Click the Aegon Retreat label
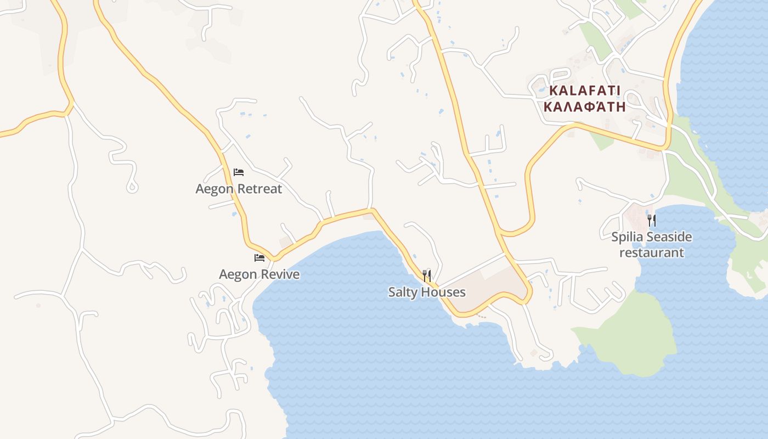(239, 189)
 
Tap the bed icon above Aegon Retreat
(239, 172)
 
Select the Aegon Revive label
(259, 274)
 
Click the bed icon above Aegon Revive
(259, 258)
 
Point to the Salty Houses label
(427, 292)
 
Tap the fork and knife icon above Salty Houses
(427, 275)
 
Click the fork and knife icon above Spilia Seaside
(652, 221)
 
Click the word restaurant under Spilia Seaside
(652, 253)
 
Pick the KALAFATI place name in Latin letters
(585, 91)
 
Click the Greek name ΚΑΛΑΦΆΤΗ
(585, 106)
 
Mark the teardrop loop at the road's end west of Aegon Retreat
(132, 187)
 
